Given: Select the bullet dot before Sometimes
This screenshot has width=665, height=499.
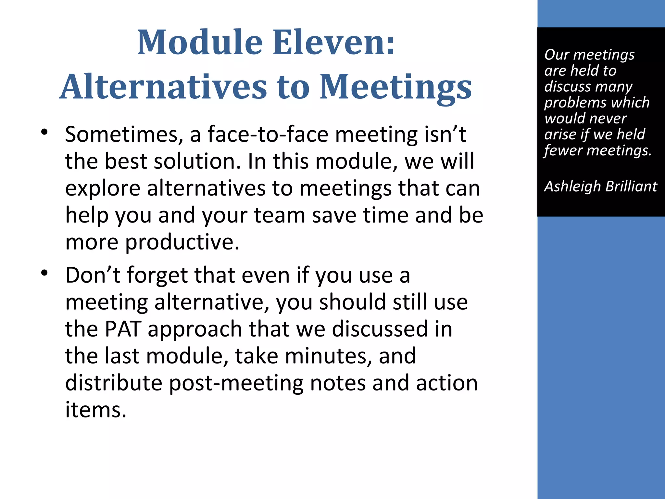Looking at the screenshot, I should pyautogui.click(x=44, y=132).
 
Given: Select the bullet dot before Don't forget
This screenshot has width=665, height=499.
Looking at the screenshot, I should pyautogui.click(x=44, y=273).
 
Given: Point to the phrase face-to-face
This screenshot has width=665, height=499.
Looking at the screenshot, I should pyautogui.click(x=268, y=134).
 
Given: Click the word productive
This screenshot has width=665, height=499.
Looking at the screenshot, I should pyautogui.click(x=182, y=242).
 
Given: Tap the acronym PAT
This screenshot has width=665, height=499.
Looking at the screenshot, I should pyautogui.click(x=123, y=329).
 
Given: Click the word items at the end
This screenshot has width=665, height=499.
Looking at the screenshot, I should pyautogui.click(x=95, y=410).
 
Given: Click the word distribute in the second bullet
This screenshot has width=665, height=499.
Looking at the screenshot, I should pyautogui.click(x=114, y=383).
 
